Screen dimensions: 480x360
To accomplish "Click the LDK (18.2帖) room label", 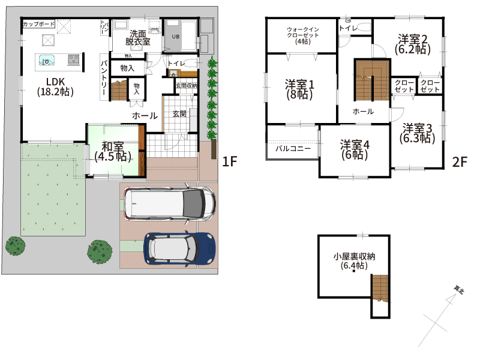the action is tap(55, 86).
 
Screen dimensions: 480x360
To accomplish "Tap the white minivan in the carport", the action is tap(170, 203).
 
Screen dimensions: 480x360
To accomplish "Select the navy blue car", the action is tap(179, 248).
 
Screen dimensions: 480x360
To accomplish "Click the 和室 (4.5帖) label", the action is tap(113, 151).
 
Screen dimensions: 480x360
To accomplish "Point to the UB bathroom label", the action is tap(175, 37).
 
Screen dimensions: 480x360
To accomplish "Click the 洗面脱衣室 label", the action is tap(137, 37).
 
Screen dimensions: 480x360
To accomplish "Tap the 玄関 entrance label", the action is tap(179, 113).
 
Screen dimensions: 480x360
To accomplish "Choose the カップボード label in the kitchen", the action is tap(38, 24).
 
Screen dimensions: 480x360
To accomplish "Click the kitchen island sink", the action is tap(47, 61).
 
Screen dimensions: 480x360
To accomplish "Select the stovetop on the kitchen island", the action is tap(74, 59).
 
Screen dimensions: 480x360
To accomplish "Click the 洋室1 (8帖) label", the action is tap(299, 89).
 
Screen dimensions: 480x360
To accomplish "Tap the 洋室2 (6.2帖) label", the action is tap(413, 44).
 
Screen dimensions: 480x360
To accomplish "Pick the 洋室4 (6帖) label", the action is tap(355, 149).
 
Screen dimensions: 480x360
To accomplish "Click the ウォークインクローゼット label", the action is tap(303, 35).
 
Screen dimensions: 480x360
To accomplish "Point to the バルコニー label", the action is tap(293, 149).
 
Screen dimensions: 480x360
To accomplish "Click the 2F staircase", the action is tap(372, 80).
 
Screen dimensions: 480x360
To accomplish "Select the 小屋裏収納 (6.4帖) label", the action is tap(354, 260).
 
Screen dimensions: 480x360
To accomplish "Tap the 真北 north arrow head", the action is tap(451, 298).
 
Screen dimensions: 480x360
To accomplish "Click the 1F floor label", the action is tap(230, 161).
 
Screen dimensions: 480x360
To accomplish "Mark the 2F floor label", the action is tap(460, 162).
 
